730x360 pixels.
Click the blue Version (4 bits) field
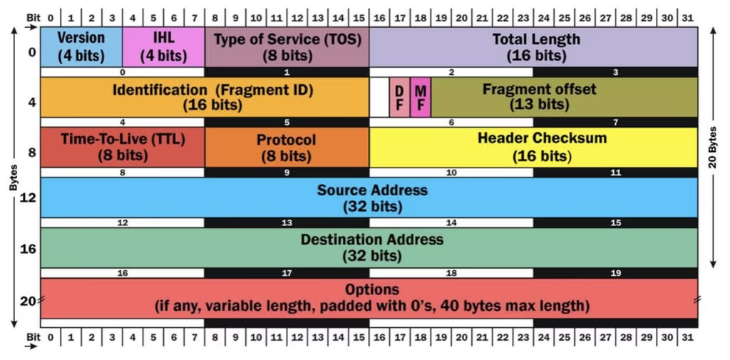tap(81, 46)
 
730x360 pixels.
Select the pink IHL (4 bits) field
tap(163, 46)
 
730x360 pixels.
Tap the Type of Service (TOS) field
tap(287, 46)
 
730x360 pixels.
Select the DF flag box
tap(399, 98)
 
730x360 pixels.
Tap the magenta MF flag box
tap(421, 98)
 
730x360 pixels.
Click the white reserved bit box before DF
tap(379, 98)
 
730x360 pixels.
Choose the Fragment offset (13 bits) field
tap(564, 97)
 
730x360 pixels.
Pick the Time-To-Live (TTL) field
tap(122, 147)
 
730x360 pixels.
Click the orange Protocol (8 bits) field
tap(286, 147)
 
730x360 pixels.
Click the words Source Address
tap(372, 190)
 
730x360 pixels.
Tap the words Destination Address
tap(371, 240)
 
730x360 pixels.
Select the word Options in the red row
tap(371, 289)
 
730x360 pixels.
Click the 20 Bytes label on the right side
tap(714, 148)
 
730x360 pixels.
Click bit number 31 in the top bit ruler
tap(687, 16)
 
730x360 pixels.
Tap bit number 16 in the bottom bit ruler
tap(379, 336)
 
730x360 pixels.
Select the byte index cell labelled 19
tap(615, 273)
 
